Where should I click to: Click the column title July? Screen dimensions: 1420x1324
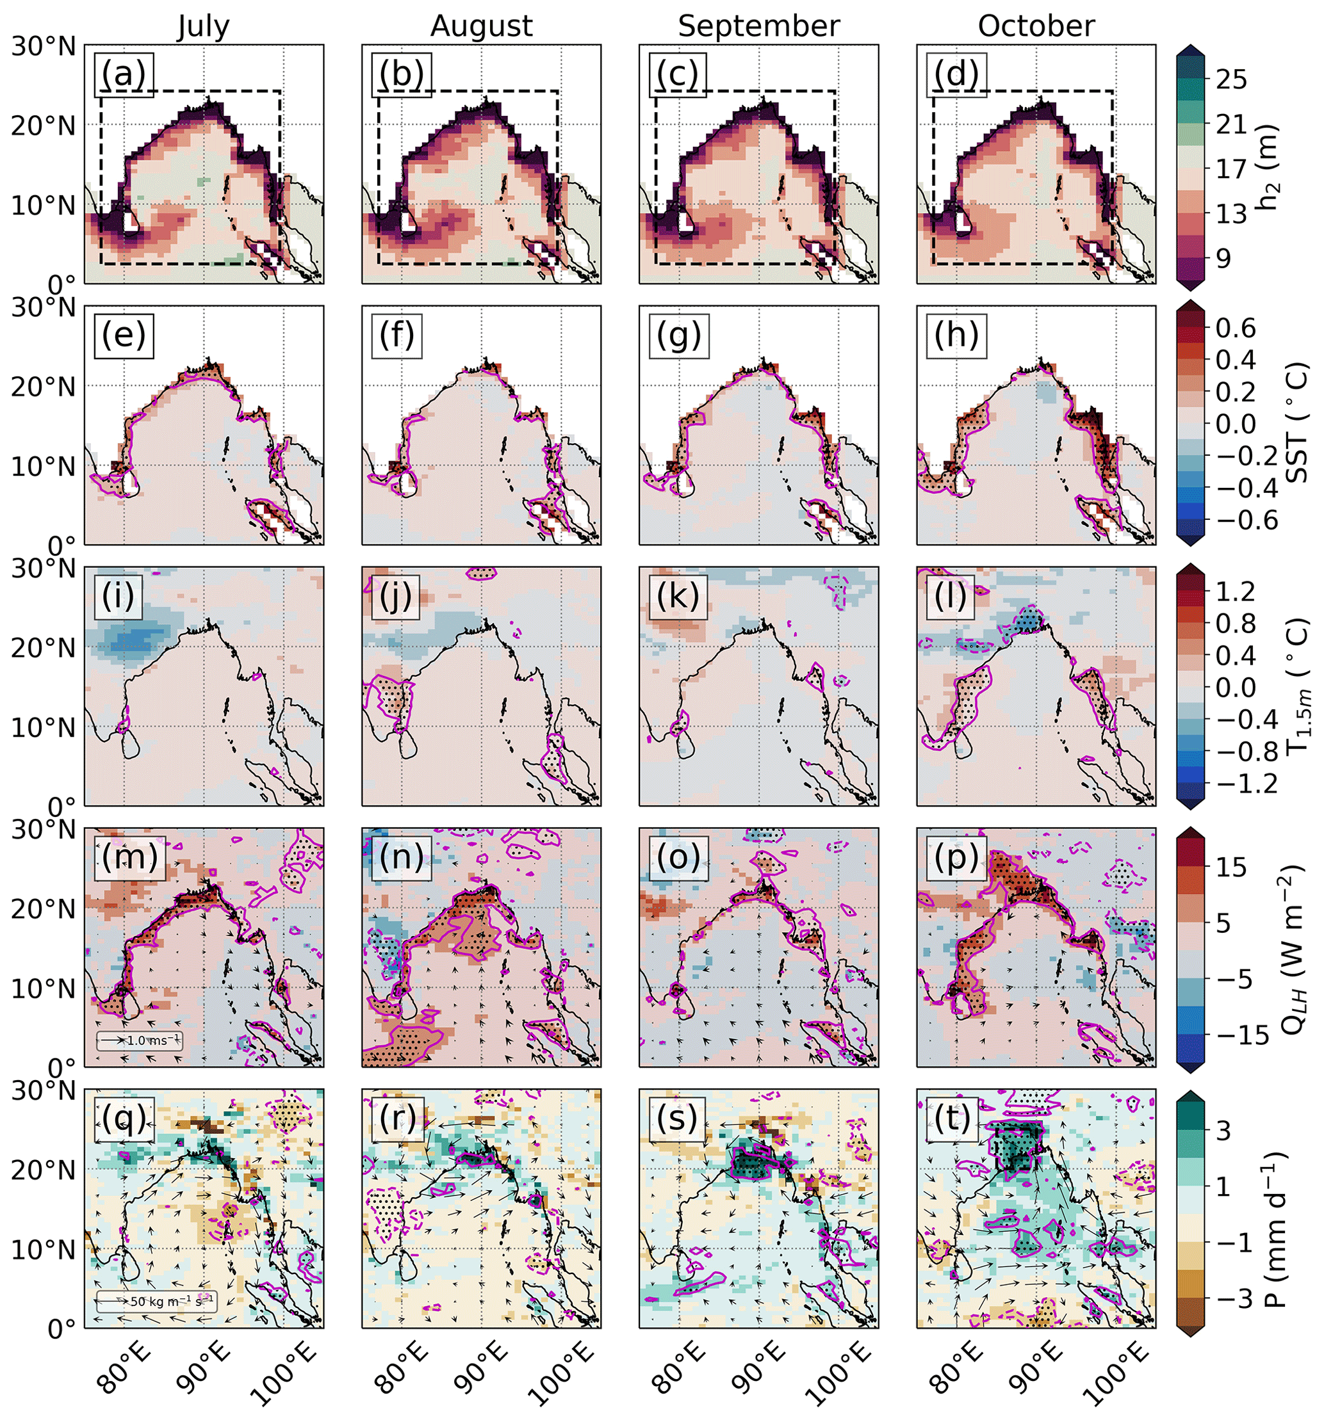coord(204,26)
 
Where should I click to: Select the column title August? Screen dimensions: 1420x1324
coord(481,26)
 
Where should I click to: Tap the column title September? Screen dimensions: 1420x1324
coord(758,26)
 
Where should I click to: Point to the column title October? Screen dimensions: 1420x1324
coord(1035,26)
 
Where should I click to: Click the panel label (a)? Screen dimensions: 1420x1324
coord(124,74)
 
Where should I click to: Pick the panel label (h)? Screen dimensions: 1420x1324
coord(957,335)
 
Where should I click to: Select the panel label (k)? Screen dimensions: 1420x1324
coord(679,597)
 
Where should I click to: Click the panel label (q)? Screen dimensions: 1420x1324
coord(124,1118)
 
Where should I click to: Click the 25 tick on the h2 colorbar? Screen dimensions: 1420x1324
coord(1232,79)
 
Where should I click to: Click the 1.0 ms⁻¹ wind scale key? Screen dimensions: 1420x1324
coord(140,1041)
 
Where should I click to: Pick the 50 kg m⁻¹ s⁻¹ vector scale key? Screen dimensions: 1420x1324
coord(155,1301)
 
